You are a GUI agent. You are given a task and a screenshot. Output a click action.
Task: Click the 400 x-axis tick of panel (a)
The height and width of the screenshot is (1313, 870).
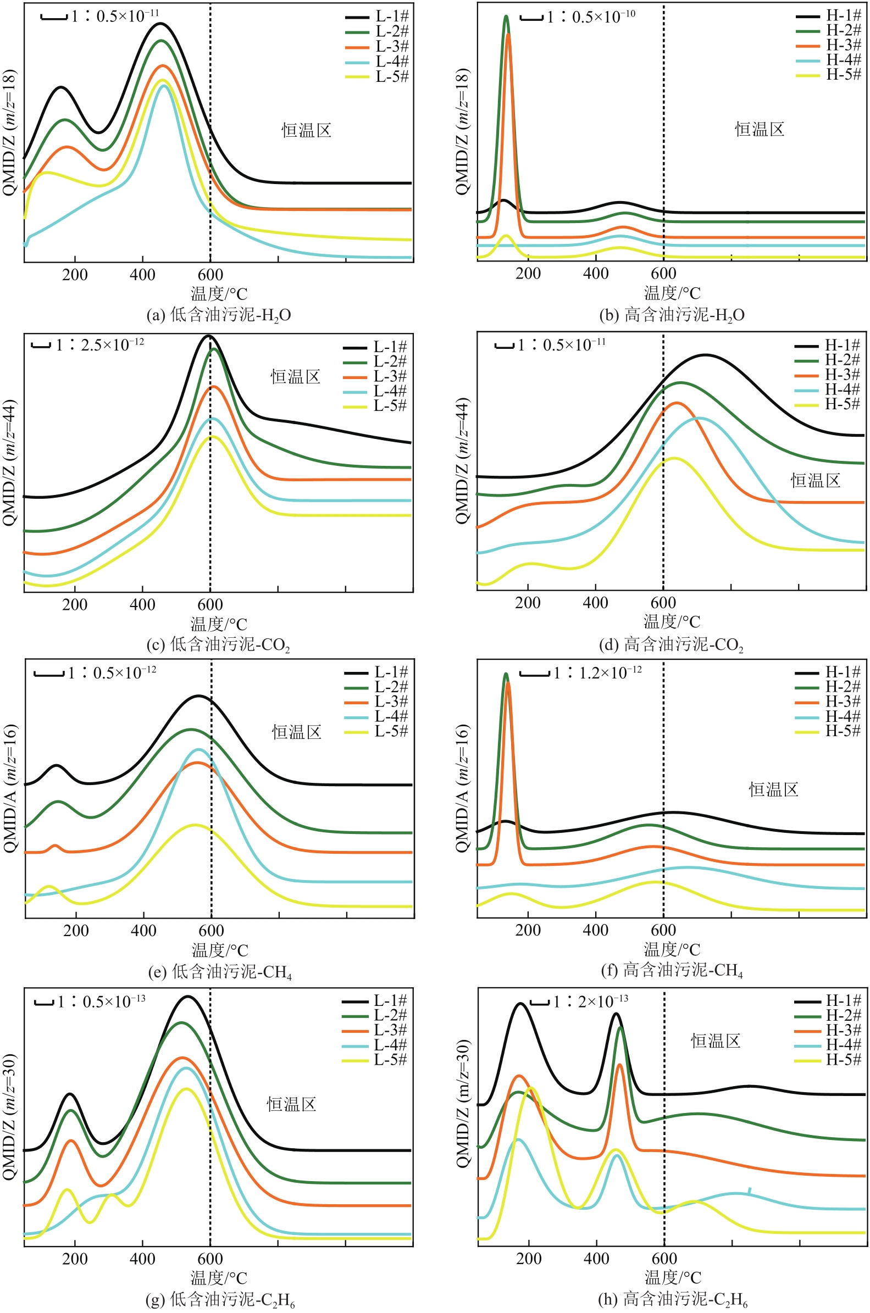coord(142,275)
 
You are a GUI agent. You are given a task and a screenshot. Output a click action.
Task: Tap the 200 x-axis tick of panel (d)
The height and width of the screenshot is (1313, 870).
coord(528,603)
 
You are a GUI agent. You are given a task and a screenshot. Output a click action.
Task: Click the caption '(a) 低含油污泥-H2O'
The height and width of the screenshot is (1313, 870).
coord(219,315)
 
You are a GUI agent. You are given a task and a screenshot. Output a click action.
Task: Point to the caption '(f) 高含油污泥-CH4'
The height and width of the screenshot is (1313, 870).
coord(672,970)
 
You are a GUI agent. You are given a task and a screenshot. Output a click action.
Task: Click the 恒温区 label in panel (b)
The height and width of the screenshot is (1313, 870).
coord(760,130)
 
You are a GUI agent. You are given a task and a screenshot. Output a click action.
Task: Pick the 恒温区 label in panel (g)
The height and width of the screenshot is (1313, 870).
coord(292,1105)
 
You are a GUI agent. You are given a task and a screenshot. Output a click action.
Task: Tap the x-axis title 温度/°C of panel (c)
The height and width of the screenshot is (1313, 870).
coord(219,624)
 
